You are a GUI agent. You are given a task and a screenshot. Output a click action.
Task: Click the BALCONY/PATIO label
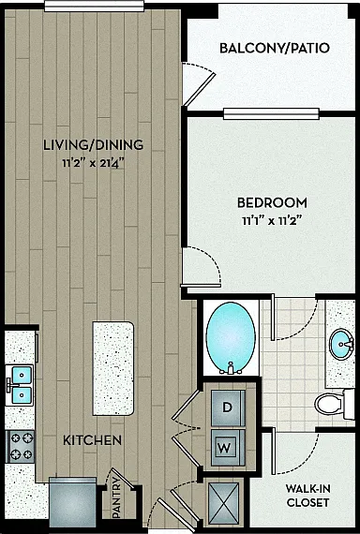[275, 49]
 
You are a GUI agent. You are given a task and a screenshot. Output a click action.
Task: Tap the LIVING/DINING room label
[94, 145]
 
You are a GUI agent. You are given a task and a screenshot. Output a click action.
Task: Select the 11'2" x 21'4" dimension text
[93, 163]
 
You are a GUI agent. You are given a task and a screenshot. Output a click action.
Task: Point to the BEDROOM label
[272, 203]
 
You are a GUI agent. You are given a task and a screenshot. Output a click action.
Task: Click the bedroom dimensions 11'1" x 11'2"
[273, 221]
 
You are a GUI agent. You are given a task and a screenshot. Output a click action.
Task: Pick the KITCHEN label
[93, 440]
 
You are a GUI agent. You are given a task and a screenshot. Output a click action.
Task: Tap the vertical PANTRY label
[117, 497]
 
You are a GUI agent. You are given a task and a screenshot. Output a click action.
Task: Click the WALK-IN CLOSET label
[307, 496]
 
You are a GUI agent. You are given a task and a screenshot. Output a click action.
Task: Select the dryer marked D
[228, 408]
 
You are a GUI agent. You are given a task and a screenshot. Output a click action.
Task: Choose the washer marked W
[228, 448]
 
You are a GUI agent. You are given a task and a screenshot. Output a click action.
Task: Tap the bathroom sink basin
[341, 345]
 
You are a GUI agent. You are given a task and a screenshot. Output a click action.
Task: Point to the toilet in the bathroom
[334, 405]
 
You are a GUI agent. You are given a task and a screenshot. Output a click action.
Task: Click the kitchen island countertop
[113, 368]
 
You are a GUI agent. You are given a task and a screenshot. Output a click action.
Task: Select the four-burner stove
[22, 447]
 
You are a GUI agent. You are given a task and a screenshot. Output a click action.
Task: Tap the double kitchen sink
[20, 385]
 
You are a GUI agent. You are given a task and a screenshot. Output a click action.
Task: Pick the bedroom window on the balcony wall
[271, 113]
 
